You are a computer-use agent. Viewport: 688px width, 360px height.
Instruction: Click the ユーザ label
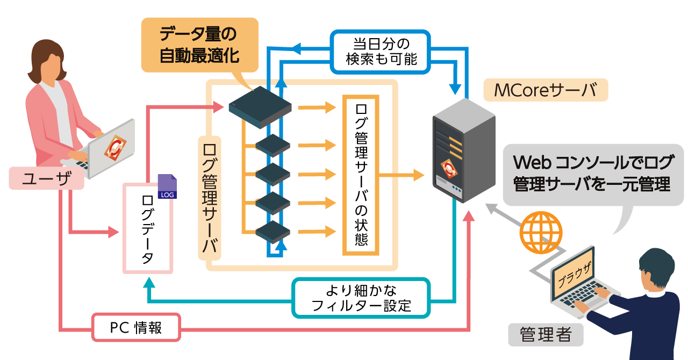tap(46, 178)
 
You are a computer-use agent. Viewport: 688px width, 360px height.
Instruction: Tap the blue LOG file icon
tap(167, 187)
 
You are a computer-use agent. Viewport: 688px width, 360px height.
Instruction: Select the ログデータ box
tap(147, 228)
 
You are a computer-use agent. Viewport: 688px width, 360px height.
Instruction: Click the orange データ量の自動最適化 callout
tap(199, 45)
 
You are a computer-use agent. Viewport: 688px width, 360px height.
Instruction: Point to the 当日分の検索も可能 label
tap(381, 51)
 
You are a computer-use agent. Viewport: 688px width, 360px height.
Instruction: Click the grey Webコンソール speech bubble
tap(592, 173)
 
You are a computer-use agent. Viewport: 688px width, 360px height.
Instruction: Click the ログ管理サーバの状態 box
tap(361, 175)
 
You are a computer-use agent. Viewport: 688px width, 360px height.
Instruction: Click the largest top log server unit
tap(260, 107)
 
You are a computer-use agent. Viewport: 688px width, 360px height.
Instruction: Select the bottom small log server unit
tap(273, 232)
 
